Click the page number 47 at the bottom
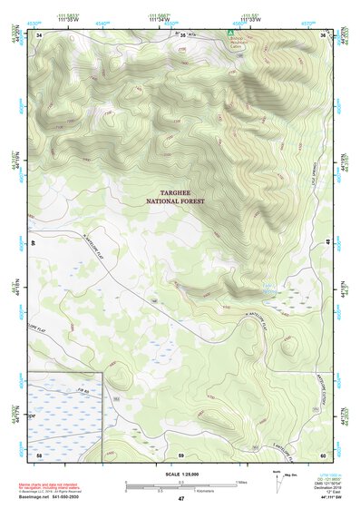click(181, 499)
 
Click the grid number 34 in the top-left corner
click(39, 34)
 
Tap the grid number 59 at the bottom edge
click(181, 454)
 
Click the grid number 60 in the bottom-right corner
click(323, 454)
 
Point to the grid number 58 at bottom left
click(39, 454)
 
